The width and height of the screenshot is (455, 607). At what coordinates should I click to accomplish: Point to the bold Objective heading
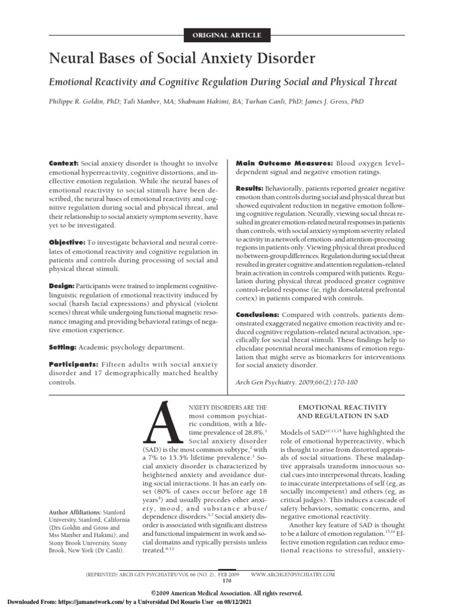point(66,243)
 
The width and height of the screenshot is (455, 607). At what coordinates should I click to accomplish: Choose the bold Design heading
point(62,286)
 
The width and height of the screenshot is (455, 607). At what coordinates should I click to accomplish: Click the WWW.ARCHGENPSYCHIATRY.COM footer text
point(293,574)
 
